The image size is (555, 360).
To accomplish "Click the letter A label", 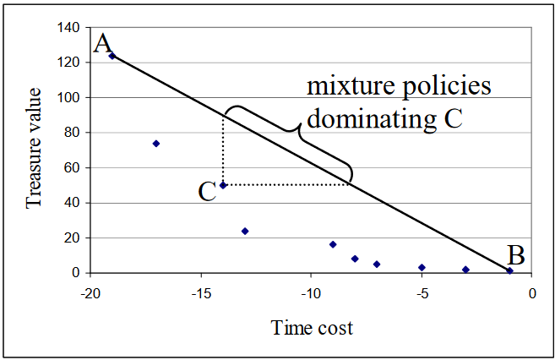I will pyautogui.click(x=103, y=44).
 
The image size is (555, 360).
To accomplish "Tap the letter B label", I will pyautogui.click(x=517, y=254).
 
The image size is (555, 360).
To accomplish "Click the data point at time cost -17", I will pyautogui.click(x=156, y=144).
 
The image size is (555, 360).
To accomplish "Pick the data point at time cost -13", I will pyautogui.click(x=245, y=231).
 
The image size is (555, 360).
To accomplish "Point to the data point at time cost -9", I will pyautogui.click(x=333, y=244).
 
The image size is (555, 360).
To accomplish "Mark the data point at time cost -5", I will pyautogui.click(x=422, y=267).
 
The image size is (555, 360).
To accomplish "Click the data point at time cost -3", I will pyautogui.click(x=465, y=270).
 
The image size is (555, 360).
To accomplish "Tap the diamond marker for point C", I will pyautogui.click(x=223, y=185).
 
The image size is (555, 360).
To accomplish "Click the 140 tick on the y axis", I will pyautogui.click(x=68, y=28).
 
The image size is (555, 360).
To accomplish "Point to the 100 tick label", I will pyautogui.click(x=68, y=98).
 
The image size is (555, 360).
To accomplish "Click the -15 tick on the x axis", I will pyautogui.click(x=200, y=293).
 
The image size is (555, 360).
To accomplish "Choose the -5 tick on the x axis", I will pyautogui.click(x=421, y=293).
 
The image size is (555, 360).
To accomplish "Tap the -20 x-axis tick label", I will pyautogui.click(x=90, y=293).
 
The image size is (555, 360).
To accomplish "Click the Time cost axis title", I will pyautogui.click(x=311, y=328).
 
